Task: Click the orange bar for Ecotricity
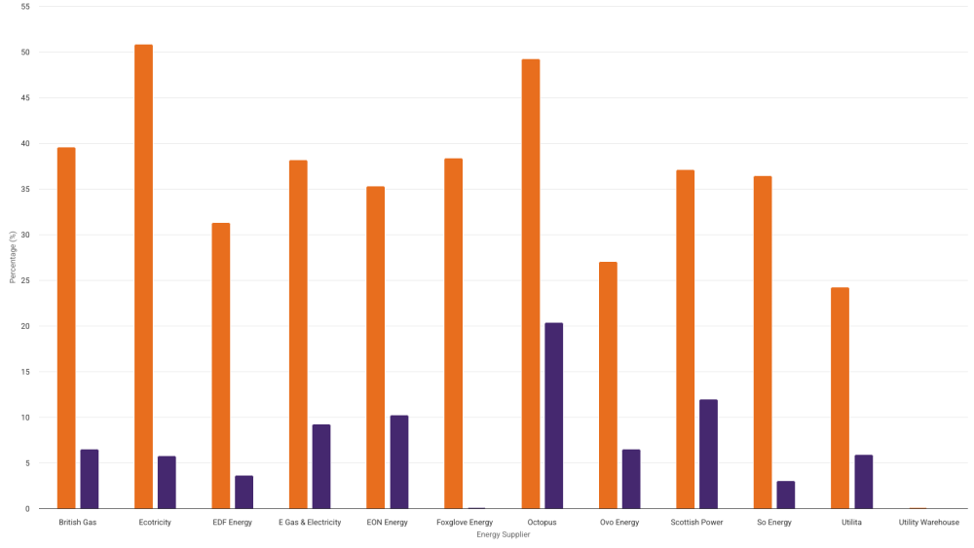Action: pyautogui.click(x=143, y=276)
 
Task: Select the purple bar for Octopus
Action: pyautogui.click(x=553, y=416)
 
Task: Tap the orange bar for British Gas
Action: pyautogui.click(x=66, y=328)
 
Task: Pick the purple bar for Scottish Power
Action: pyautogui.click(x=708, y=454)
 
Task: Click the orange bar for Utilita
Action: pyautogui.click(x=840, y=398)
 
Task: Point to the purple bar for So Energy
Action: pyautogui.click(x=785, y=494)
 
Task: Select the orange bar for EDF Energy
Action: pyautogui.click(x=221, y=366)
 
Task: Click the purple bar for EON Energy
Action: pyautogui.click(x=398, y=462)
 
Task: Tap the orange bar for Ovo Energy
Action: pyautogui.click(x=608, y=385)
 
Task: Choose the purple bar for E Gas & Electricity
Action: pyautogui.click(x=321, y=466)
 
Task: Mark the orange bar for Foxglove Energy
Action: pyautogui.click(x=453, y=333)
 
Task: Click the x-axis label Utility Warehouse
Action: pyautogui.click(x=928, y=523)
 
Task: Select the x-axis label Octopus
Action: pyautogui.click(x=542, y=523)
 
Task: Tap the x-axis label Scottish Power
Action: pyautogui.click(x=696, y=523)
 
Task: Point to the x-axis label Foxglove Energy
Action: pyautogui.click(x=465, y=523)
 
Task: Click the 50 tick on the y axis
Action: pyautogui.click(x=24, y=53)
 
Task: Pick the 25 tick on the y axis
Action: pyautogui.click(x=24, y=280)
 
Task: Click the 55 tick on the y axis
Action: pyautogui.click(x=24, y=7)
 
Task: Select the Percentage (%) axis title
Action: pyautogui.click(x=12, y=258)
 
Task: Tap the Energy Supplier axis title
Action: pyautogui.click(x=504, y=534)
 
